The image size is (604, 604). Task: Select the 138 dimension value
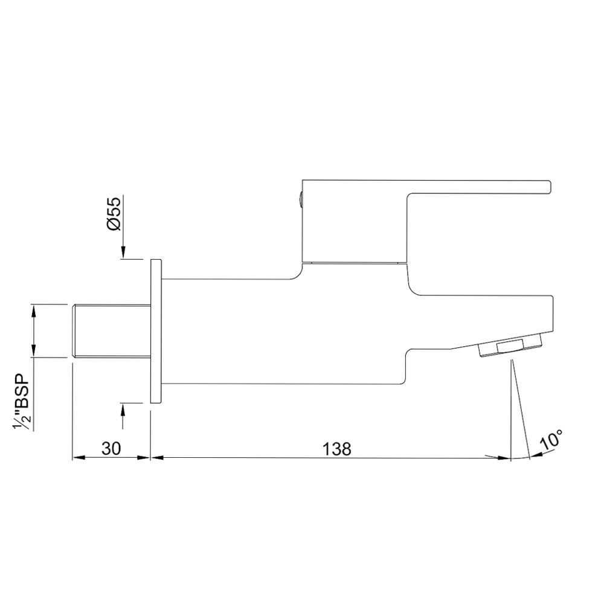(337, 448)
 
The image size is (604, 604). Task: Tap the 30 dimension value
(111, 448)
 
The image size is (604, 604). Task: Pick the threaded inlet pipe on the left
(110, 332)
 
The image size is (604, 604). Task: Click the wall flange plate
(156, 331)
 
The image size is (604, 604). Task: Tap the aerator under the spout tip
(511, 349)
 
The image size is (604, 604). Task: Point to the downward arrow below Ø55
(123, 252)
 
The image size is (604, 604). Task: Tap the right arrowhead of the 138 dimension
(505, 458)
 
